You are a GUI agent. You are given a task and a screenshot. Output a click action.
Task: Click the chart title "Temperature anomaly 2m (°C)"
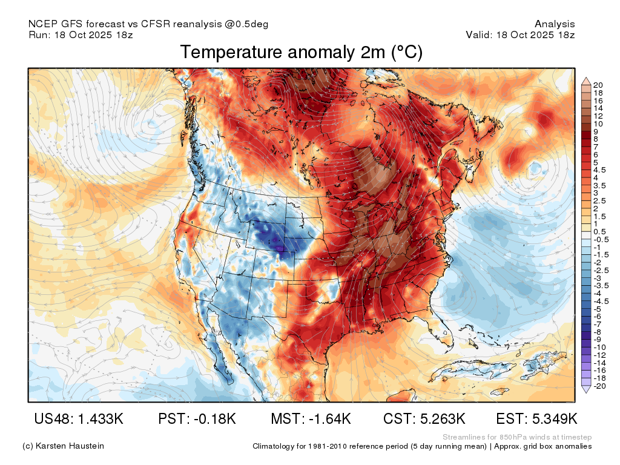tap(302, 52)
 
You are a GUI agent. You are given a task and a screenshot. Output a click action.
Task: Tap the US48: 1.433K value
tap(79, 418)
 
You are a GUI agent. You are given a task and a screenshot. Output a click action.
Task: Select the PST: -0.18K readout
tap(197, 418)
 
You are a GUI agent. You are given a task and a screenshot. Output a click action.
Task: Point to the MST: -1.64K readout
tap(311, 418)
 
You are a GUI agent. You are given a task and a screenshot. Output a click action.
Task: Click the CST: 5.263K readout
tap(424, 418)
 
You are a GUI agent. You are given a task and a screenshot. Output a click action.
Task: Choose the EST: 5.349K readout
tap(536, 418)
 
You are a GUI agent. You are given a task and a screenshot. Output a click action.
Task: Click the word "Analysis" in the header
tap(555, 24)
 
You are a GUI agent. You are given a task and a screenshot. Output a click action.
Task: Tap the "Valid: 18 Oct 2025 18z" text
tap(520, 35)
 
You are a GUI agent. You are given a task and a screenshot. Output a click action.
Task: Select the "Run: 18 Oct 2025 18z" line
tap(81, 35)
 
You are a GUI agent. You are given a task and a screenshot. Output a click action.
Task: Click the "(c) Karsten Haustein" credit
tap(63, 446)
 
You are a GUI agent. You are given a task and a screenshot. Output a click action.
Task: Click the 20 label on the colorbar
tap(598, 85)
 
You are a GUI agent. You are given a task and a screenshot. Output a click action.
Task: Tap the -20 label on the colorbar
tap(599, 386)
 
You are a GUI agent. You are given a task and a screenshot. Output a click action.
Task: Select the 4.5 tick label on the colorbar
tap(599, 170)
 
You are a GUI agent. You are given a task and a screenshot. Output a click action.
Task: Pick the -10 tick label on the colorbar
tap(599, 348)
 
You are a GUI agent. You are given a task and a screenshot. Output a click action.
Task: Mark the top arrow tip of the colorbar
tap(586, 78)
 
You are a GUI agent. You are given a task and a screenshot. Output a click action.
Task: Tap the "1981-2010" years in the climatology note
tap(328, 446)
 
